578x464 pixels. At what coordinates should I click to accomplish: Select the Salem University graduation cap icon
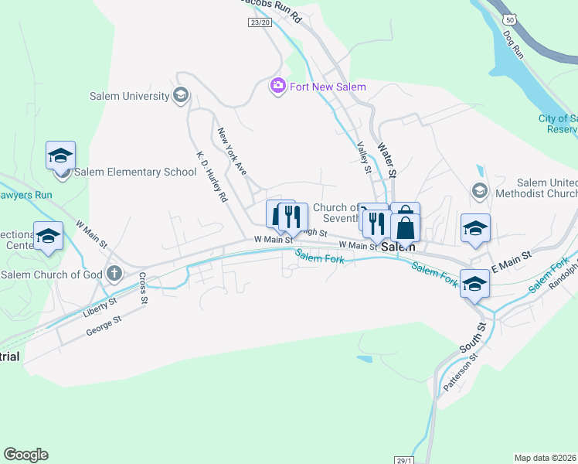tap(181, 96)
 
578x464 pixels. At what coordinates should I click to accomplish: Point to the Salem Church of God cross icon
tap(115, 273)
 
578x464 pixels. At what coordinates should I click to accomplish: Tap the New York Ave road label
tap(231, 151)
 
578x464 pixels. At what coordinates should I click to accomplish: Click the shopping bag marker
tap(405, 228)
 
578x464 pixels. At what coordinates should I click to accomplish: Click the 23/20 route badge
tap(260, 23)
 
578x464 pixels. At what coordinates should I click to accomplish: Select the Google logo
tap(25, 455)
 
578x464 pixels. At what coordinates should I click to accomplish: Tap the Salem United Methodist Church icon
tap(479, 189)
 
